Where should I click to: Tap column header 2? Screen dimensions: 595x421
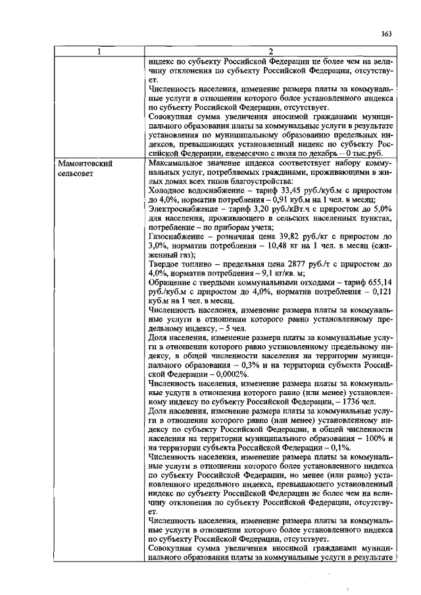[x=270, y=52]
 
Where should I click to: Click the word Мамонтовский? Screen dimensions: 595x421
[x=85, y=162]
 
